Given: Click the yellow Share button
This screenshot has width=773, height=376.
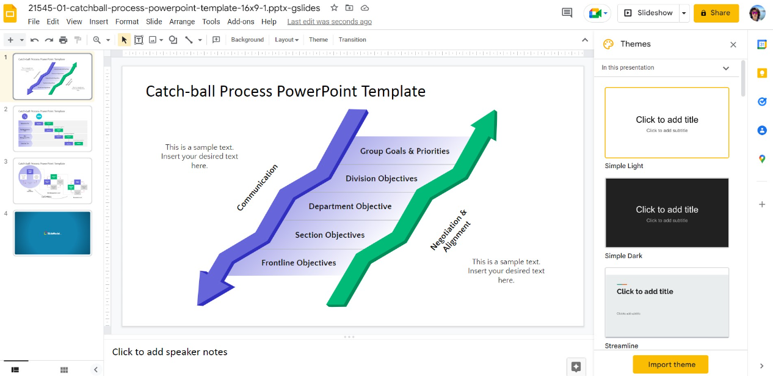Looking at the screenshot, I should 716,13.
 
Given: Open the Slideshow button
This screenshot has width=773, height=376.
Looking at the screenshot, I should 648,13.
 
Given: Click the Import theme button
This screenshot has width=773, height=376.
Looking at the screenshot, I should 670,364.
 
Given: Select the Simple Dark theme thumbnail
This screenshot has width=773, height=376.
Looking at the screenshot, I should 667,213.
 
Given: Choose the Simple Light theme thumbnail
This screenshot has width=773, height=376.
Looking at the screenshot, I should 667,123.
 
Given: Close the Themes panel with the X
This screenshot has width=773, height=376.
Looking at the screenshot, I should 733,45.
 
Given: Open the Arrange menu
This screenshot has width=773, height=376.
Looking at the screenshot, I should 182,21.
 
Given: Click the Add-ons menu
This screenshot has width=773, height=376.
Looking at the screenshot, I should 241,21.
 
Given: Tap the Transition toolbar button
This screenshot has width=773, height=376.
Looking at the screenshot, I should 352,40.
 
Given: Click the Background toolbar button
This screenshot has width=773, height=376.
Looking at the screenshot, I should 247,40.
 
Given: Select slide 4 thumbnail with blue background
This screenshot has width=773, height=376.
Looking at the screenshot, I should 53,233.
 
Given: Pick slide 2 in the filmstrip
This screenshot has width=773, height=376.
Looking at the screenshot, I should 53,128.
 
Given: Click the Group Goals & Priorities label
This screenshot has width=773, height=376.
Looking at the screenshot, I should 404,151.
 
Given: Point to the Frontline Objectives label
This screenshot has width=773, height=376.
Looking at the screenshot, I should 299,263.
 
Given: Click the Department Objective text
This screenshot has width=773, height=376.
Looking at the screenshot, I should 350,207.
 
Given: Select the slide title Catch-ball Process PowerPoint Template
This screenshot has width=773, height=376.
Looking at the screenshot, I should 285,92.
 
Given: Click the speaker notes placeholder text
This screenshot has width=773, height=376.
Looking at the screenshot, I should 170,352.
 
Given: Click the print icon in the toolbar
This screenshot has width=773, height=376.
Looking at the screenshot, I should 63,40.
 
